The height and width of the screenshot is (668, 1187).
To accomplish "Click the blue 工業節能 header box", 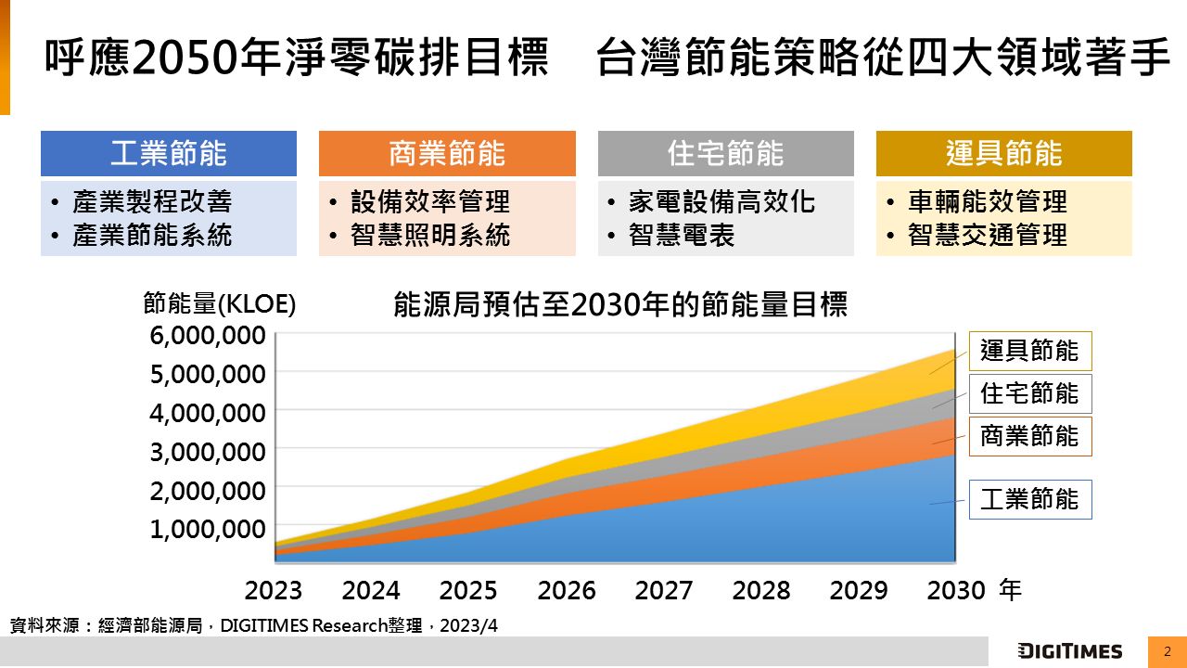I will point(168,154).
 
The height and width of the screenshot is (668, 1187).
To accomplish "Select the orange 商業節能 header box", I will point(447,154).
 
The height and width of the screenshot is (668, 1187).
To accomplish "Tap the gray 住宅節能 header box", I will point(725,154).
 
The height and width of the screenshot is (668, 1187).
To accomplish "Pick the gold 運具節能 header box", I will point(1003,154).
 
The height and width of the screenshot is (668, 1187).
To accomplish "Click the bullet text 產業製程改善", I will point(152,201).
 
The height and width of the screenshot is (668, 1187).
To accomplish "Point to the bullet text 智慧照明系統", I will point(430,236).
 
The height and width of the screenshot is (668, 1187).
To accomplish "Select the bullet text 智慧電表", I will point(682,236).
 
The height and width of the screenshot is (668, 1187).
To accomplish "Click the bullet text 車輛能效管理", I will point(988,201).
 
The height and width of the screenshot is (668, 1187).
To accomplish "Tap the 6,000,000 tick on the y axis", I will point(208,335).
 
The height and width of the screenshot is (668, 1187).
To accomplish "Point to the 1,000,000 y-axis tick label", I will point(208,529).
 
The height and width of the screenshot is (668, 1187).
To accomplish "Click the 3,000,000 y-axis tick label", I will point(208,452).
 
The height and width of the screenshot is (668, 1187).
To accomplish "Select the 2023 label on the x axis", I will point(274,591).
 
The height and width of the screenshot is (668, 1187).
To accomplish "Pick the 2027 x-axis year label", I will point(664,591).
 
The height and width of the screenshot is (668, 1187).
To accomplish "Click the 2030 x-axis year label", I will point(956,591).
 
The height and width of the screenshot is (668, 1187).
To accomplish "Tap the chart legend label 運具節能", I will point(1029,351).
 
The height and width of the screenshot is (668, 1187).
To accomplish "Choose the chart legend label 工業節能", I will point(1029,499).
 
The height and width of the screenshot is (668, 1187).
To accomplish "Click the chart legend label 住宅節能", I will point(1029,393).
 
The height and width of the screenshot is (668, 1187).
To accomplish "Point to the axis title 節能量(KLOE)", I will point(220,303).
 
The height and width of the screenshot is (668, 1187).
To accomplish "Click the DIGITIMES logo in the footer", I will point(1069,651).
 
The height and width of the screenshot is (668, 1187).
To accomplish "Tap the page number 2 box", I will point(1167,651).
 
